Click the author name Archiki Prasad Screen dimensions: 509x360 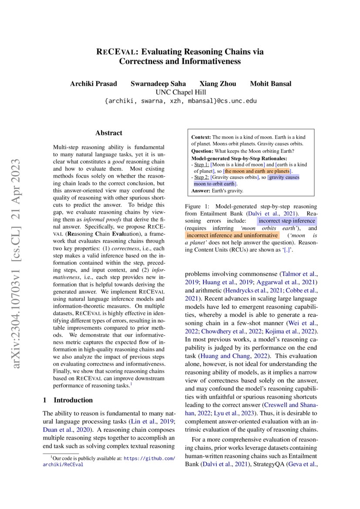pyautogui.click(x=91, y=84)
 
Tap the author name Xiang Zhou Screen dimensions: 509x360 pyautogui.click(x=218, y=84)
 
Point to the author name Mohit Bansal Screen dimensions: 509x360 pyautogui.click(x=270, y=84)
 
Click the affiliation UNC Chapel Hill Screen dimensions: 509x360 pyautogui.click(x=180, y=92)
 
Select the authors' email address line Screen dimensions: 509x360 pyautogui.click(x=180, y=101)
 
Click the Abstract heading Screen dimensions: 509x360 pyautogui.click(x=109, y=133)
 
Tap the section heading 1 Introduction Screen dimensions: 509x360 pyautogui.click(x=68, y=400)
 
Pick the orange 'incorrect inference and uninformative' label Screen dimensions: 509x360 pyautogui.click(x=232, y=236)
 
